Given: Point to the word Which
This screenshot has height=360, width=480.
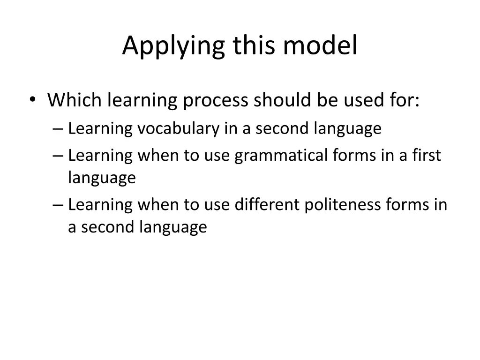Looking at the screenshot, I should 75,100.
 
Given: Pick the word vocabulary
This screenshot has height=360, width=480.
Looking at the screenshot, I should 178,128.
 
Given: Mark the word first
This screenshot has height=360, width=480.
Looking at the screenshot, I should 427,155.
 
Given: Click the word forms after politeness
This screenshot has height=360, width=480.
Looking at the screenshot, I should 407,204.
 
